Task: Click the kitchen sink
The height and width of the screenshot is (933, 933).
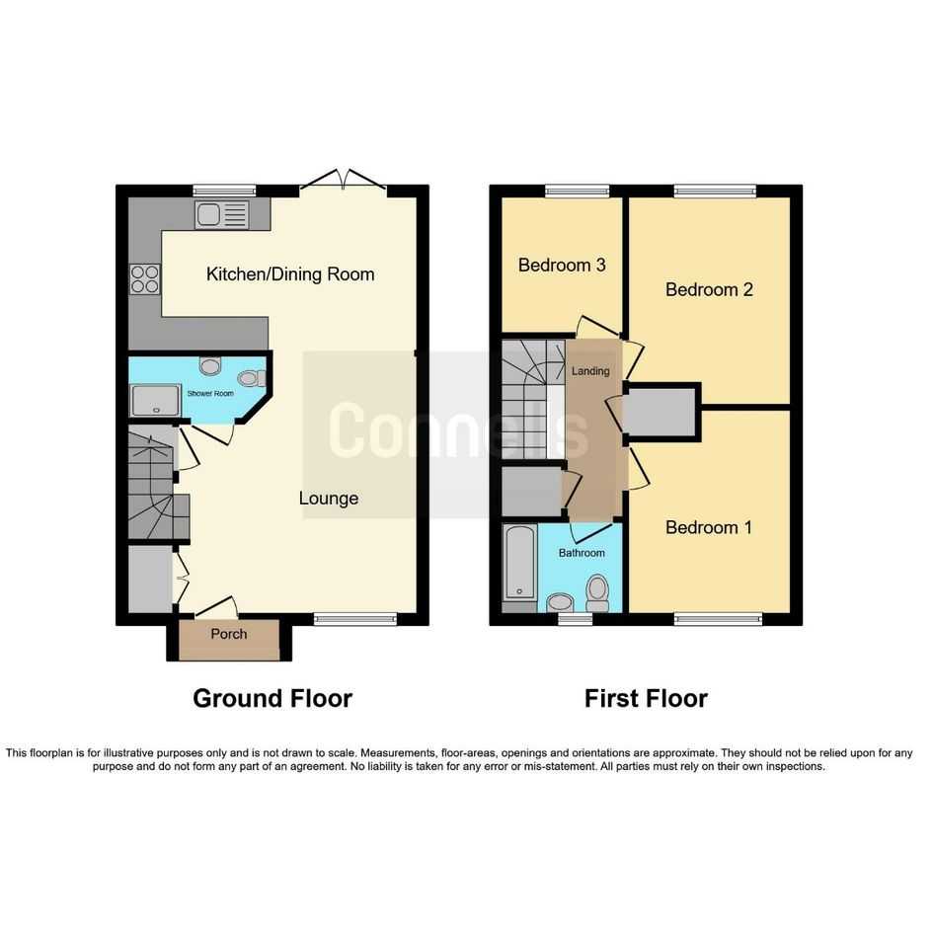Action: click(x=221, y=214)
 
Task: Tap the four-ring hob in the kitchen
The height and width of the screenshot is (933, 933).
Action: click(x=145, y=279)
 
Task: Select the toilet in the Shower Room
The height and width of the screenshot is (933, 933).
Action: click(x=253, y=378)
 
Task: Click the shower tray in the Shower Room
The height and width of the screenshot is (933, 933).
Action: click(x=156, y=400)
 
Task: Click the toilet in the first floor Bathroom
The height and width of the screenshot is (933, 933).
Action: click(x=597, y=592)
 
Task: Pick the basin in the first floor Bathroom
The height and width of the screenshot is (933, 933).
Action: click(x=560, y=602)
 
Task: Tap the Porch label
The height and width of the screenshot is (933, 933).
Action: click(x=229, y=634)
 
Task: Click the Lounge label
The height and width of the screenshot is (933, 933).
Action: click(x=329, y=498)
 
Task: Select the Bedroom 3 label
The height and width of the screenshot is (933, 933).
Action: click(x=562, y=265)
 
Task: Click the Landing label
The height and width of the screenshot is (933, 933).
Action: click(x=590, y=371)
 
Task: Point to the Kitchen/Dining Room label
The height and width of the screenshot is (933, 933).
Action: click(x=290, y=274)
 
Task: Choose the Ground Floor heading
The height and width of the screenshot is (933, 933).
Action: click(x=272, y=699)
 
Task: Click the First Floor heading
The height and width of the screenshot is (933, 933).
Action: click(x=647, y=699)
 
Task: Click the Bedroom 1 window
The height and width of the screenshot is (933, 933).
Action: click(x=718, y=619)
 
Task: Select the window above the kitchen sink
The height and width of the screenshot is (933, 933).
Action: click(x=224, y=191)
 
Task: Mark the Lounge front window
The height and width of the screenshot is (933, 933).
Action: click(x=355, y=619)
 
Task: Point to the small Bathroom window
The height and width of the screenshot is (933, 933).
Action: click(x=576, y=619)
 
